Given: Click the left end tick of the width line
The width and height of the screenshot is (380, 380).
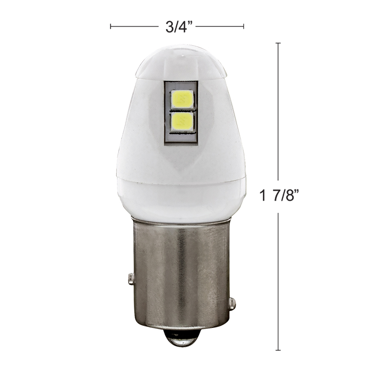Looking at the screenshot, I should [x=111, y=26].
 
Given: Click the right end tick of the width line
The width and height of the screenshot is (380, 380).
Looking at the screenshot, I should [x=244, y=26].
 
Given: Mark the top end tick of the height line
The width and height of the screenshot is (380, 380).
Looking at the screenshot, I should [x=278, y=43].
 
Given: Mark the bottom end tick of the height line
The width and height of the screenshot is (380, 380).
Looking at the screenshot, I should [x=278, y=350].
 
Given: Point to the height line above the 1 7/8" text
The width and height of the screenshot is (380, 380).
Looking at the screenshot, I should [x=278, y=111].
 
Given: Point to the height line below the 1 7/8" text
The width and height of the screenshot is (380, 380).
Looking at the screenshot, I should [x=278, y=279].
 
